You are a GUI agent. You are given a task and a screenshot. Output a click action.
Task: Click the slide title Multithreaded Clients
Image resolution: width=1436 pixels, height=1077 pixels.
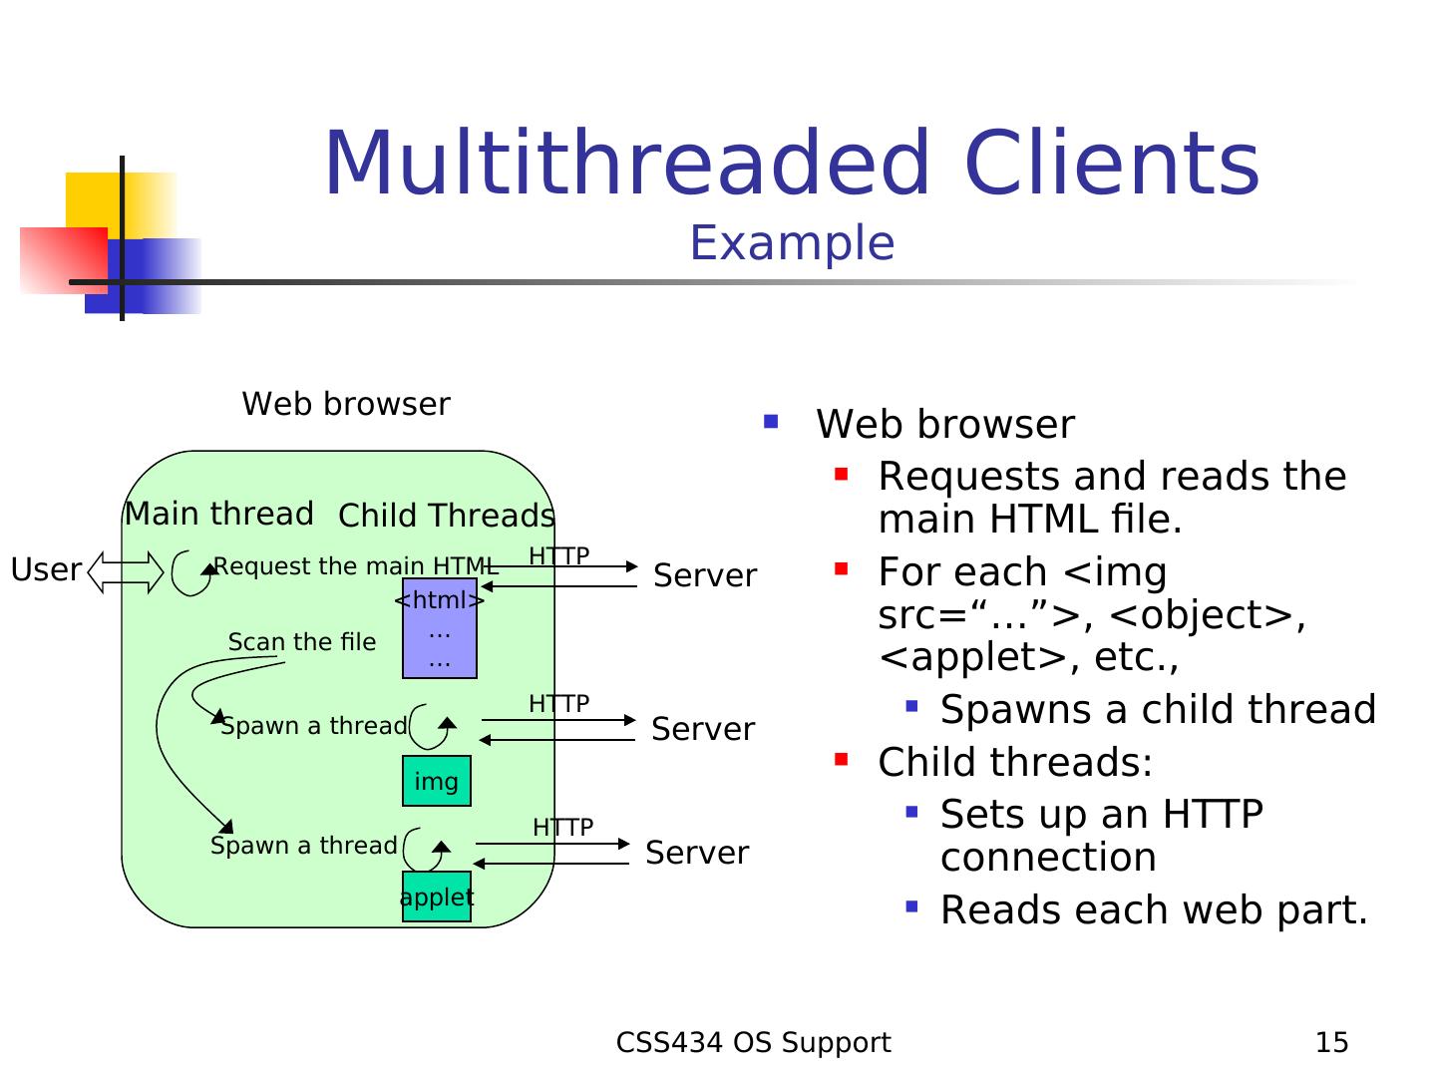[x=792, y=164]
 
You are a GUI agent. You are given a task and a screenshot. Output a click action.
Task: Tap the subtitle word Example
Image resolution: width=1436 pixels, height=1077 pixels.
[x=792, y=243]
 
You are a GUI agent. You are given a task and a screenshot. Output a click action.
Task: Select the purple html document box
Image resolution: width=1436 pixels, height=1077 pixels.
[x=439, y=628]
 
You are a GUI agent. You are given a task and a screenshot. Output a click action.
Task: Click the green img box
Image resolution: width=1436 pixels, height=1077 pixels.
[x=437, y=781]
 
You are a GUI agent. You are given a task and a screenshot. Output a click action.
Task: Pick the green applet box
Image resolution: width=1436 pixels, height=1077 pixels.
[x=437, y=897]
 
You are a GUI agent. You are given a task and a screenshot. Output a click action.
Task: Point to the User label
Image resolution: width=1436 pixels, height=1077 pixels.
[x=46, y=569]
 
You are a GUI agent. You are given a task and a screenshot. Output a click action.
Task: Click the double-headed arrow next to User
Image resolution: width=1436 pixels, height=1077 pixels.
[x=126, y=572]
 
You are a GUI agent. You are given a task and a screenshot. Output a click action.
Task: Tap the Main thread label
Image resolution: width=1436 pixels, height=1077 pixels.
[x=218, y=514]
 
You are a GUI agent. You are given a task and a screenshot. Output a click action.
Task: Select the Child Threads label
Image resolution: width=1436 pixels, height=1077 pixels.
[x=446, y=516]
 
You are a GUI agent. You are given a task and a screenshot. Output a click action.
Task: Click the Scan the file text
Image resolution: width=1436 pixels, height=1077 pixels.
[x=302, y=642]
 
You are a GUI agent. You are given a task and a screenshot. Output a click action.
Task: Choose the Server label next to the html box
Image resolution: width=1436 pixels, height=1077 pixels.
[x=705, y=575]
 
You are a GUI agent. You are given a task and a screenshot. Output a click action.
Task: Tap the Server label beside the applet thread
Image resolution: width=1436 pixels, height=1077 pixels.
[x=697, y=853]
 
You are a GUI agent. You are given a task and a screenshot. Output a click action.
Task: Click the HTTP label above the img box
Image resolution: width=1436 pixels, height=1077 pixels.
[x=558, y=704]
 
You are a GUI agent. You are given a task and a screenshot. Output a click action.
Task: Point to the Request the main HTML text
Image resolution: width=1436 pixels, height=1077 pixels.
[x=356, y=566]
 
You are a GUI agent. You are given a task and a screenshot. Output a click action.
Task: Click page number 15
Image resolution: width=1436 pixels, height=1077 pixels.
[x=1331, y=1043]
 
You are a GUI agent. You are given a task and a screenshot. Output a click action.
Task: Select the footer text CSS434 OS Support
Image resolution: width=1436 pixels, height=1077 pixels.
[x=753, y=1043]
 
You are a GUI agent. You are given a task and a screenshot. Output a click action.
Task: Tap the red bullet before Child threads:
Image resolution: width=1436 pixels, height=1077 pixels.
[x=842, y=761]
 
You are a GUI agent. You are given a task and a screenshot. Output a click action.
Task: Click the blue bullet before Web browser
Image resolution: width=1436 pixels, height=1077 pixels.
[x=771, y=422]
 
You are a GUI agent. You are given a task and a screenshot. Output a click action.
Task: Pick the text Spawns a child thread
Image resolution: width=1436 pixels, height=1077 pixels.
[x=1158, y=710]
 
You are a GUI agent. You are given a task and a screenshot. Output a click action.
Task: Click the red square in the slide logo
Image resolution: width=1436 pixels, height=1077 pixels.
[x=63, y=260]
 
